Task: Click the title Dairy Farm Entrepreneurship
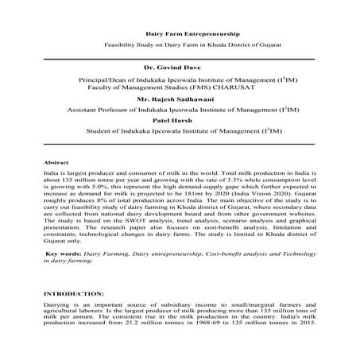[179, 34]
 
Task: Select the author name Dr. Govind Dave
[179, 69]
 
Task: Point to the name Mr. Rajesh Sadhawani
[180, 99]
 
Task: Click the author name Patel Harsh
[179, 118]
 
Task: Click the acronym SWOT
[130, 218]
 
